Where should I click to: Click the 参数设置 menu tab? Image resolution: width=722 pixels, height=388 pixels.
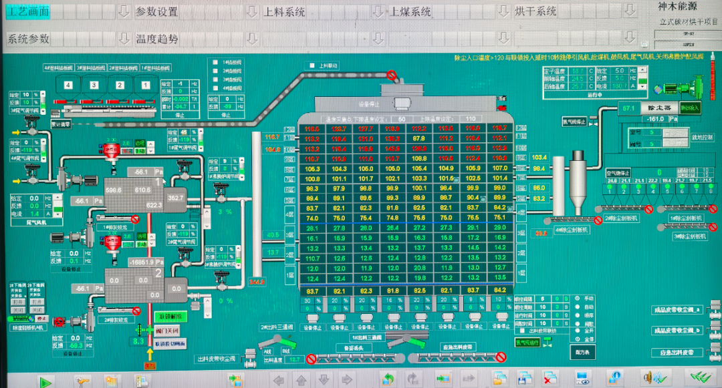(156, 11)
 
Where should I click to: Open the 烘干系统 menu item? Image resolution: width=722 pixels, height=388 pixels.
(535, 11)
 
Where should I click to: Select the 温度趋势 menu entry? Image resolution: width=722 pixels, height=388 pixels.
(157, 39)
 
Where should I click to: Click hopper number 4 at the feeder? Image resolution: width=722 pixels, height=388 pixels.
(68, 85)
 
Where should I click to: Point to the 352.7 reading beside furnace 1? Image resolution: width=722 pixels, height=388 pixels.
(175, 198)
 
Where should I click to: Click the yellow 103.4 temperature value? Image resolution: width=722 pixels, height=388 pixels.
(539, 157)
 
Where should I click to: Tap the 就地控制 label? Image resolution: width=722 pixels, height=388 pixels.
(702, 137)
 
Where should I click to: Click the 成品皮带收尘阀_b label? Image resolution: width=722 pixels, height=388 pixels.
(678, 331)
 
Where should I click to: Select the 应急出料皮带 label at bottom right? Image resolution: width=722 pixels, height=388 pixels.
(678, 352)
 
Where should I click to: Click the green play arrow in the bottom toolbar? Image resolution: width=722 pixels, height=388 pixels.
(45, 382)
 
